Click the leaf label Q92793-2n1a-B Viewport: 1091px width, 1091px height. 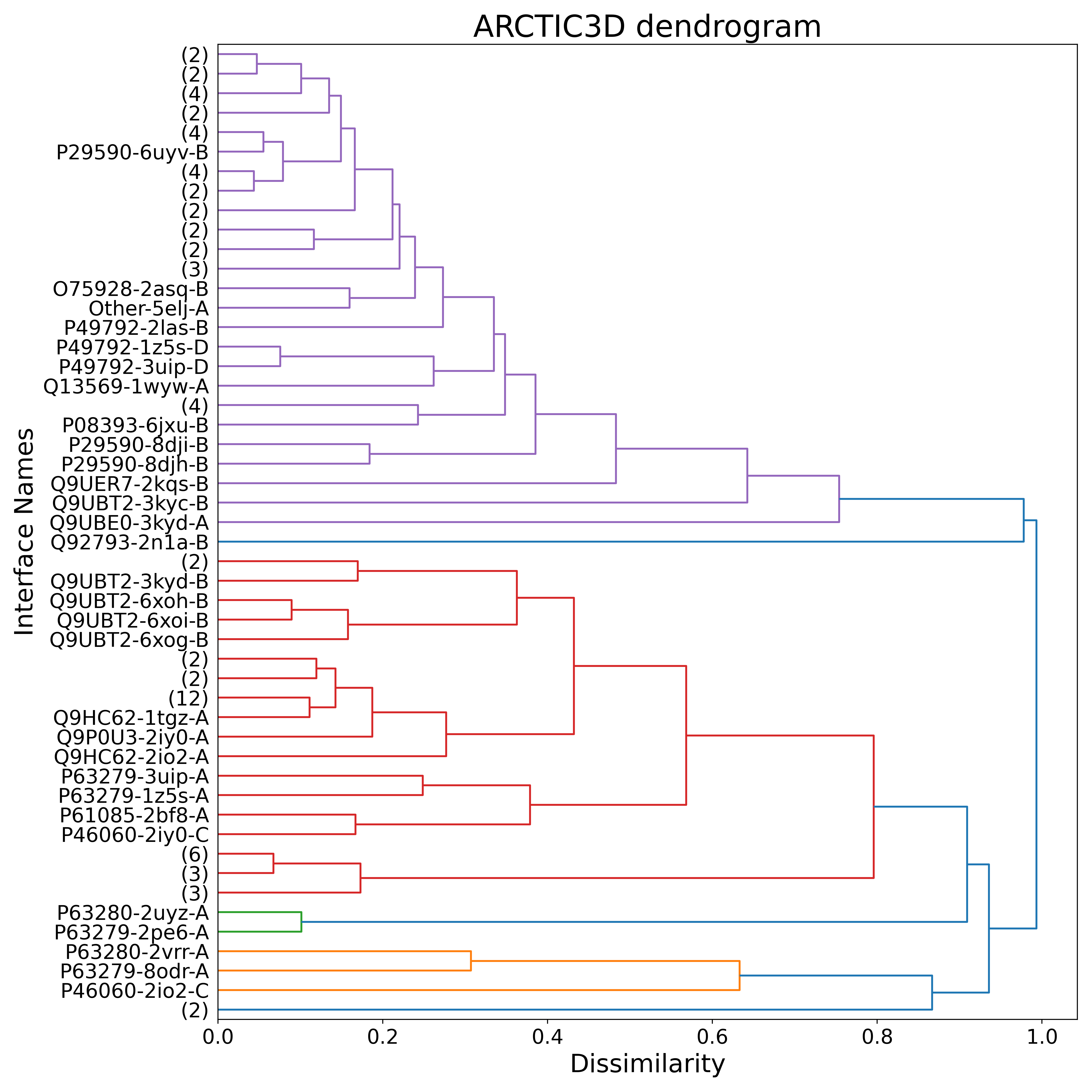click(x=129, y=542)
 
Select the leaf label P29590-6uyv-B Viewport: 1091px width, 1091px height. click(x=132, y=153)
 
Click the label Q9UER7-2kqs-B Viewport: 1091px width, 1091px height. click(x=129, y=484)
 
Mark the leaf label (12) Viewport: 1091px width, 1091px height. click(x=188, y=698)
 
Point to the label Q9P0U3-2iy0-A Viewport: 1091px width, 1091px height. click(x=132, y=738)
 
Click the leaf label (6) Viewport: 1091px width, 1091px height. click(x=195, y=854)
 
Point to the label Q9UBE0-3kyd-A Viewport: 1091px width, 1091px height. click(x=129, y=523)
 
